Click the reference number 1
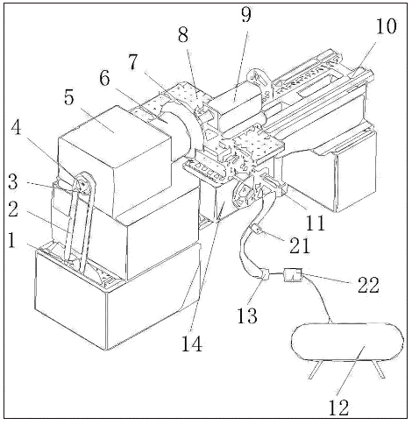tap(11, 240)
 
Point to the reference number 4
tap(16, 128)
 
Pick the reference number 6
tap(104, 78)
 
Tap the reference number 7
tap(133, 62)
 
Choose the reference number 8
tap(183, 35)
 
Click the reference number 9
tap(246, 14)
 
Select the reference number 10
tap(386, 26)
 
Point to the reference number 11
tap(316, 223)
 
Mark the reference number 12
tap(339, 407)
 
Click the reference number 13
tap(247, 315)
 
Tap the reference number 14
tap(192, 344)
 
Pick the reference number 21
tap(300, 245)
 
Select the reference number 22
tap(368, 285)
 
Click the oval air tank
tap(348, 342)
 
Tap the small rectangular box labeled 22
tap(293, 275)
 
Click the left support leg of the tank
tap(316, 370)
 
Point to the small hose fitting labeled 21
tap(255, 229)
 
